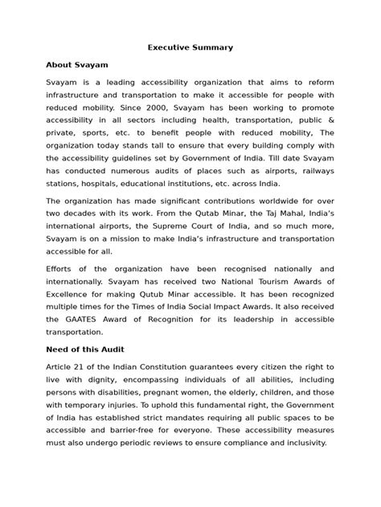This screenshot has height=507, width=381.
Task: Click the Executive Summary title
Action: pos(190,47)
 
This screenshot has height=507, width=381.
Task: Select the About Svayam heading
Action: pos(77,64)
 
